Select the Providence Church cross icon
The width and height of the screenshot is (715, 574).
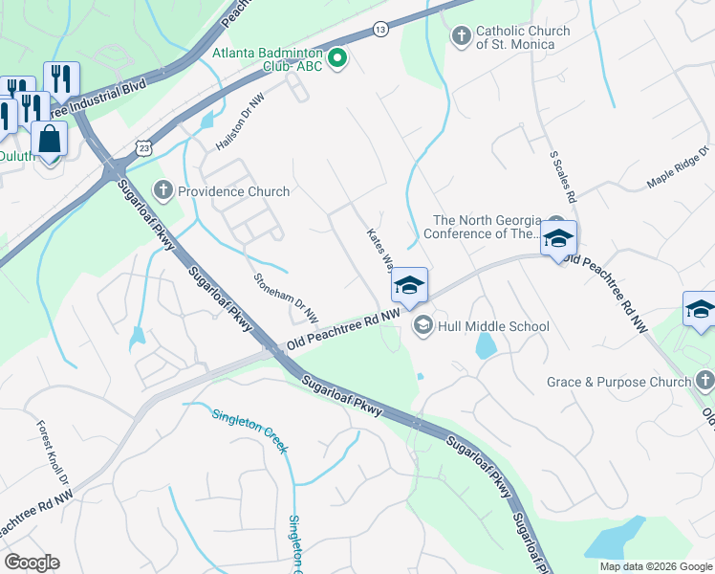(163, 191)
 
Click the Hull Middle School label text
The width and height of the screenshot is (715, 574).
(493, 326)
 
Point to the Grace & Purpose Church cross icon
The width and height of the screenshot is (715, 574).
(704, 382)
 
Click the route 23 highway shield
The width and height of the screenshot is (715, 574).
(143, 147)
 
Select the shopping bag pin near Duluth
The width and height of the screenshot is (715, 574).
(50, 140)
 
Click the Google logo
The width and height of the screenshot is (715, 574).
(32, 563)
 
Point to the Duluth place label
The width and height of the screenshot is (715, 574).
(15, 156)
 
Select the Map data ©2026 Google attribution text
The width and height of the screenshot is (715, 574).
(656, 566)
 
